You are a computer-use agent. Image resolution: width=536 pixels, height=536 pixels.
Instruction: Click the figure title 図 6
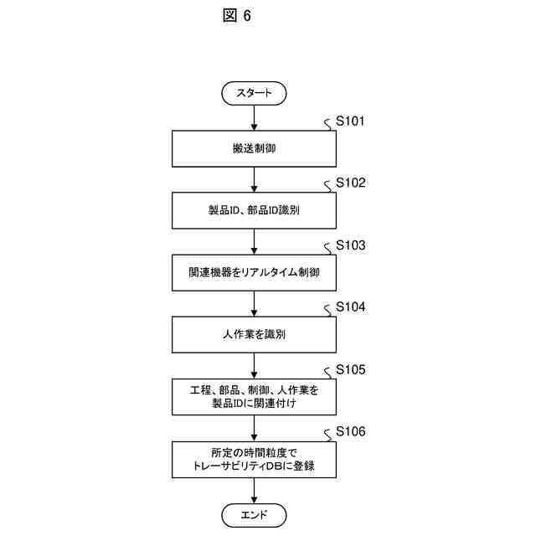coord(237,16)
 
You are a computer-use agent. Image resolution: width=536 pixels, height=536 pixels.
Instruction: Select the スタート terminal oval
coord(254,93)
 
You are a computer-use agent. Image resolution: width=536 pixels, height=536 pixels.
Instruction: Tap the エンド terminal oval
coord(254,514)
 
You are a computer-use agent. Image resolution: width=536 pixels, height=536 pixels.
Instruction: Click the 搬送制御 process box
coord(254,148)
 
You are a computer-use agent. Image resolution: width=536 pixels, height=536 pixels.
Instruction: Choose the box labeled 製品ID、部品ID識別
coord(254,211)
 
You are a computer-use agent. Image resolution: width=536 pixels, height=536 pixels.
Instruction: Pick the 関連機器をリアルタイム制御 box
coord(254,273)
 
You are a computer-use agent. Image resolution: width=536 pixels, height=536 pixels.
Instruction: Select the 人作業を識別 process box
coord(254,335)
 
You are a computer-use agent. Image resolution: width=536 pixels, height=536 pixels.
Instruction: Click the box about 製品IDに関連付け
coord(254,396)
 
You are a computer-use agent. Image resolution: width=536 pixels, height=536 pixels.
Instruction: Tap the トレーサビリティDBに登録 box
coord(254,459)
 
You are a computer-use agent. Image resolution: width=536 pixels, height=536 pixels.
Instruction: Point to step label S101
coord(350,121)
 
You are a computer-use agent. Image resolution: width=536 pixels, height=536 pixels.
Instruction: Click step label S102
coord(350,183)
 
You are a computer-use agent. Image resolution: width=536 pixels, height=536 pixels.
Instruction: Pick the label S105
coord(350,369)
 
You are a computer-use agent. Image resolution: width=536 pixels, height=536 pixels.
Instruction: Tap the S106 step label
coord(350,431)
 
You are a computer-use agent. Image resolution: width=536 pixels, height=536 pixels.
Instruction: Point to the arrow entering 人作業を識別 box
coord(254,303)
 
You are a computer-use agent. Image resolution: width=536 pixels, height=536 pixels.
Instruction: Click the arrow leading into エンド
coord(254,492)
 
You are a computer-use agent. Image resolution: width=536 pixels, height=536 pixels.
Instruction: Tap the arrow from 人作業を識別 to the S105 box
coord(254,365)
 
